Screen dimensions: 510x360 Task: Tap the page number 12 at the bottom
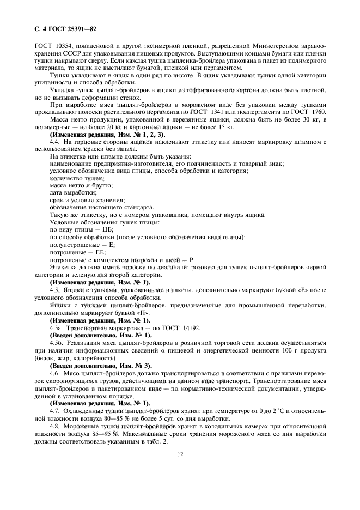coord(179,452)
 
